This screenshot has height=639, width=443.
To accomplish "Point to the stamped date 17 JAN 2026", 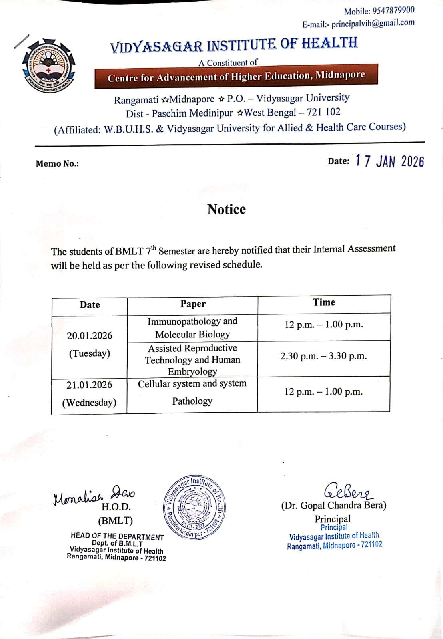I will pyautogui.click(x=389, y=161).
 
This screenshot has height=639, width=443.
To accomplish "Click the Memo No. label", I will pyautogui.click(x=57, y=163).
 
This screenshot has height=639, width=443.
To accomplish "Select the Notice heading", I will pyautogui.click(x=226, y=209).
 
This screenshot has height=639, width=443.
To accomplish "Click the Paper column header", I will pyautogui.click(x=193, y=304).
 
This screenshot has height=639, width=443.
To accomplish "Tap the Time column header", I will pyautogui.click(x=324, y=302).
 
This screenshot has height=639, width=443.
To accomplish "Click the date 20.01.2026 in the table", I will pyautogui.click(x=90, y=335).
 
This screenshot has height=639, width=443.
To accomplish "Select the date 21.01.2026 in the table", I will pyautogui.click(x=89, y=385).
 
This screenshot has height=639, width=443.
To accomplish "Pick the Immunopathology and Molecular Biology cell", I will pyautogui.click(x=192, y=328).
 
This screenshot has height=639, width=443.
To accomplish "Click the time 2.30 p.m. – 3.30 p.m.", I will pyautogui.click(x=323, y=356).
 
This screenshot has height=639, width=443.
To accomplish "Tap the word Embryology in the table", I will pyautogui.click(x=192, y=371).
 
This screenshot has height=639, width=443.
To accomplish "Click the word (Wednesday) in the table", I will pyautogui.click(x=89, y=402).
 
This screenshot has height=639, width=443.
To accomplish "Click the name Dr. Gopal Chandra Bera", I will pyautogui.click(x=334, y=506).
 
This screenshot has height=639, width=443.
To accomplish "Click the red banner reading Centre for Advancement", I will pyautogui.click(x=236, y=76).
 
